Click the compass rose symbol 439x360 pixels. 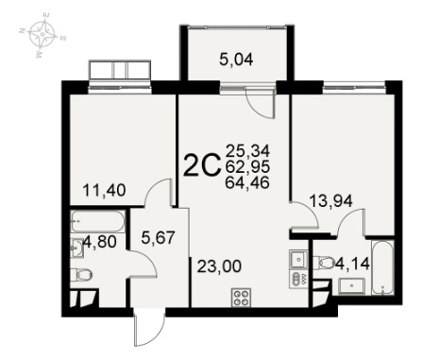click(42, 34)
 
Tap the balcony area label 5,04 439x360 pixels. click(236, 60)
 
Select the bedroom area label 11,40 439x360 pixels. click(104, 190)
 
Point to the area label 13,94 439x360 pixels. click(330, 200)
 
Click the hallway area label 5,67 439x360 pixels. click(158, 237)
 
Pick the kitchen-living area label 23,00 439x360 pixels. click(219, 266)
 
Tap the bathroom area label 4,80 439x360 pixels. click(100, 242)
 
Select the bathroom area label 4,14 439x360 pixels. click(352, 264)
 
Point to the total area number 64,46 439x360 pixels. click(247, 182)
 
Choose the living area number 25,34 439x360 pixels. click(247, 151)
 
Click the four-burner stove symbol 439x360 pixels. click(241, 298)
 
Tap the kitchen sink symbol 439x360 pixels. click(298, 259)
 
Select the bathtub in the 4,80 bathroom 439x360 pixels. click(97, 221)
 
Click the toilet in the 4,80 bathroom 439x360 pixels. click(81, 275)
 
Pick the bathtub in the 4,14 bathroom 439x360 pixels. click(382, 267)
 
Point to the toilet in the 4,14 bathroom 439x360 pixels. click(324, 262)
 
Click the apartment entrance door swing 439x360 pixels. click(149, 328)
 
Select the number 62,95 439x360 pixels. click(247, 166)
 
